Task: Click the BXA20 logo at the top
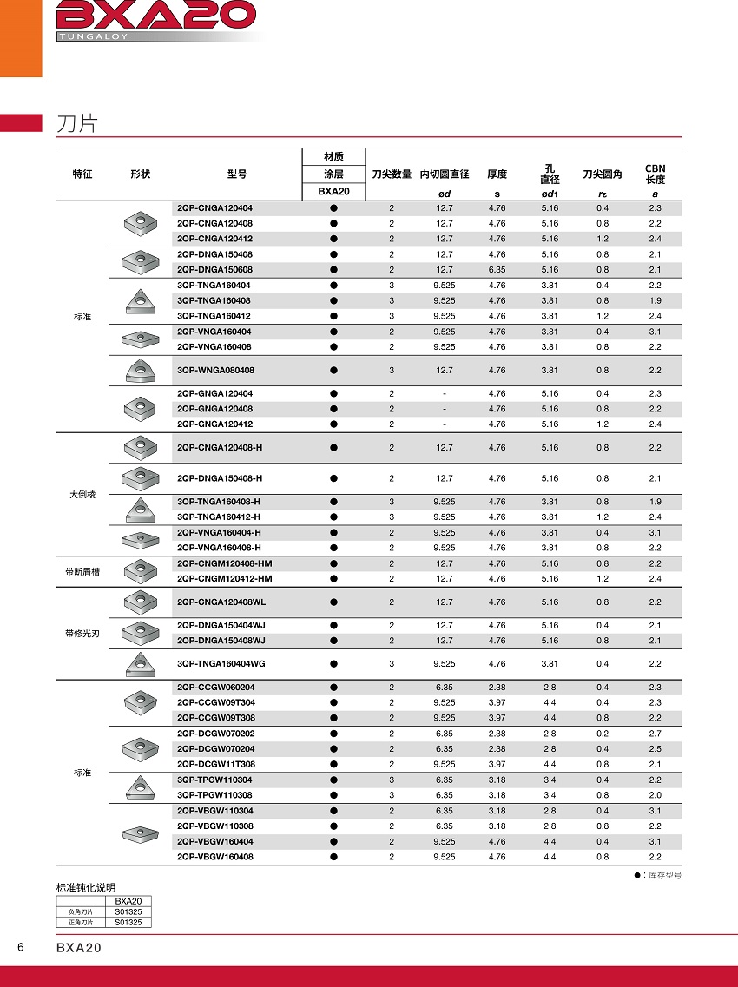click(156, 15)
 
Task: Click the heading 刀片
click(76, 123)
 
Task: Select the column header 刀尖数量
click(392, 174)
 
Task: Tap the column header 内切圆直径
click(445, 174)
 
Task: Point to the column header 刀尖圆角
click(603, 174)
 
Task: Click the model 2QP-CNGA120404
click(214, 208)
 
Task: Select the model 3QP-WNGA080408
click(214, 371)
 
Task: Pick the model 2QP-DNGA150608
click(214, 270)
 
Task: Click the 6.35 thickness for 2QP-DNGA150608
click(497, 270)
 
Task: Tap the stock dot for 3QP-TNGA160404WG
click(333, 664)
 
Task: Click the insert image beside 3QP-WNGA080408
click(138, 371)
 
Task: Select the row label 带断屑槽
click(83, 571)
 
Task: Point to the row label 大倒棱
click(82, 494)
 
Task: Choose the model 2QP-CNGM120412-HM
click(224, 579)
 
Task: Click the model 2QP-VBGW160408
click(214, 857)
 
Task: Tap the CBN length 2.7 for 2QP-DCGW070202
click(655, 734)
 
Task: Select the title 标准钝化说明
click(86, 887)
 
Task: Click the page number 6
click(20, 946)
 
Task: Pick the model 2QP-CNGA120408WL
click(221, 602)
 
